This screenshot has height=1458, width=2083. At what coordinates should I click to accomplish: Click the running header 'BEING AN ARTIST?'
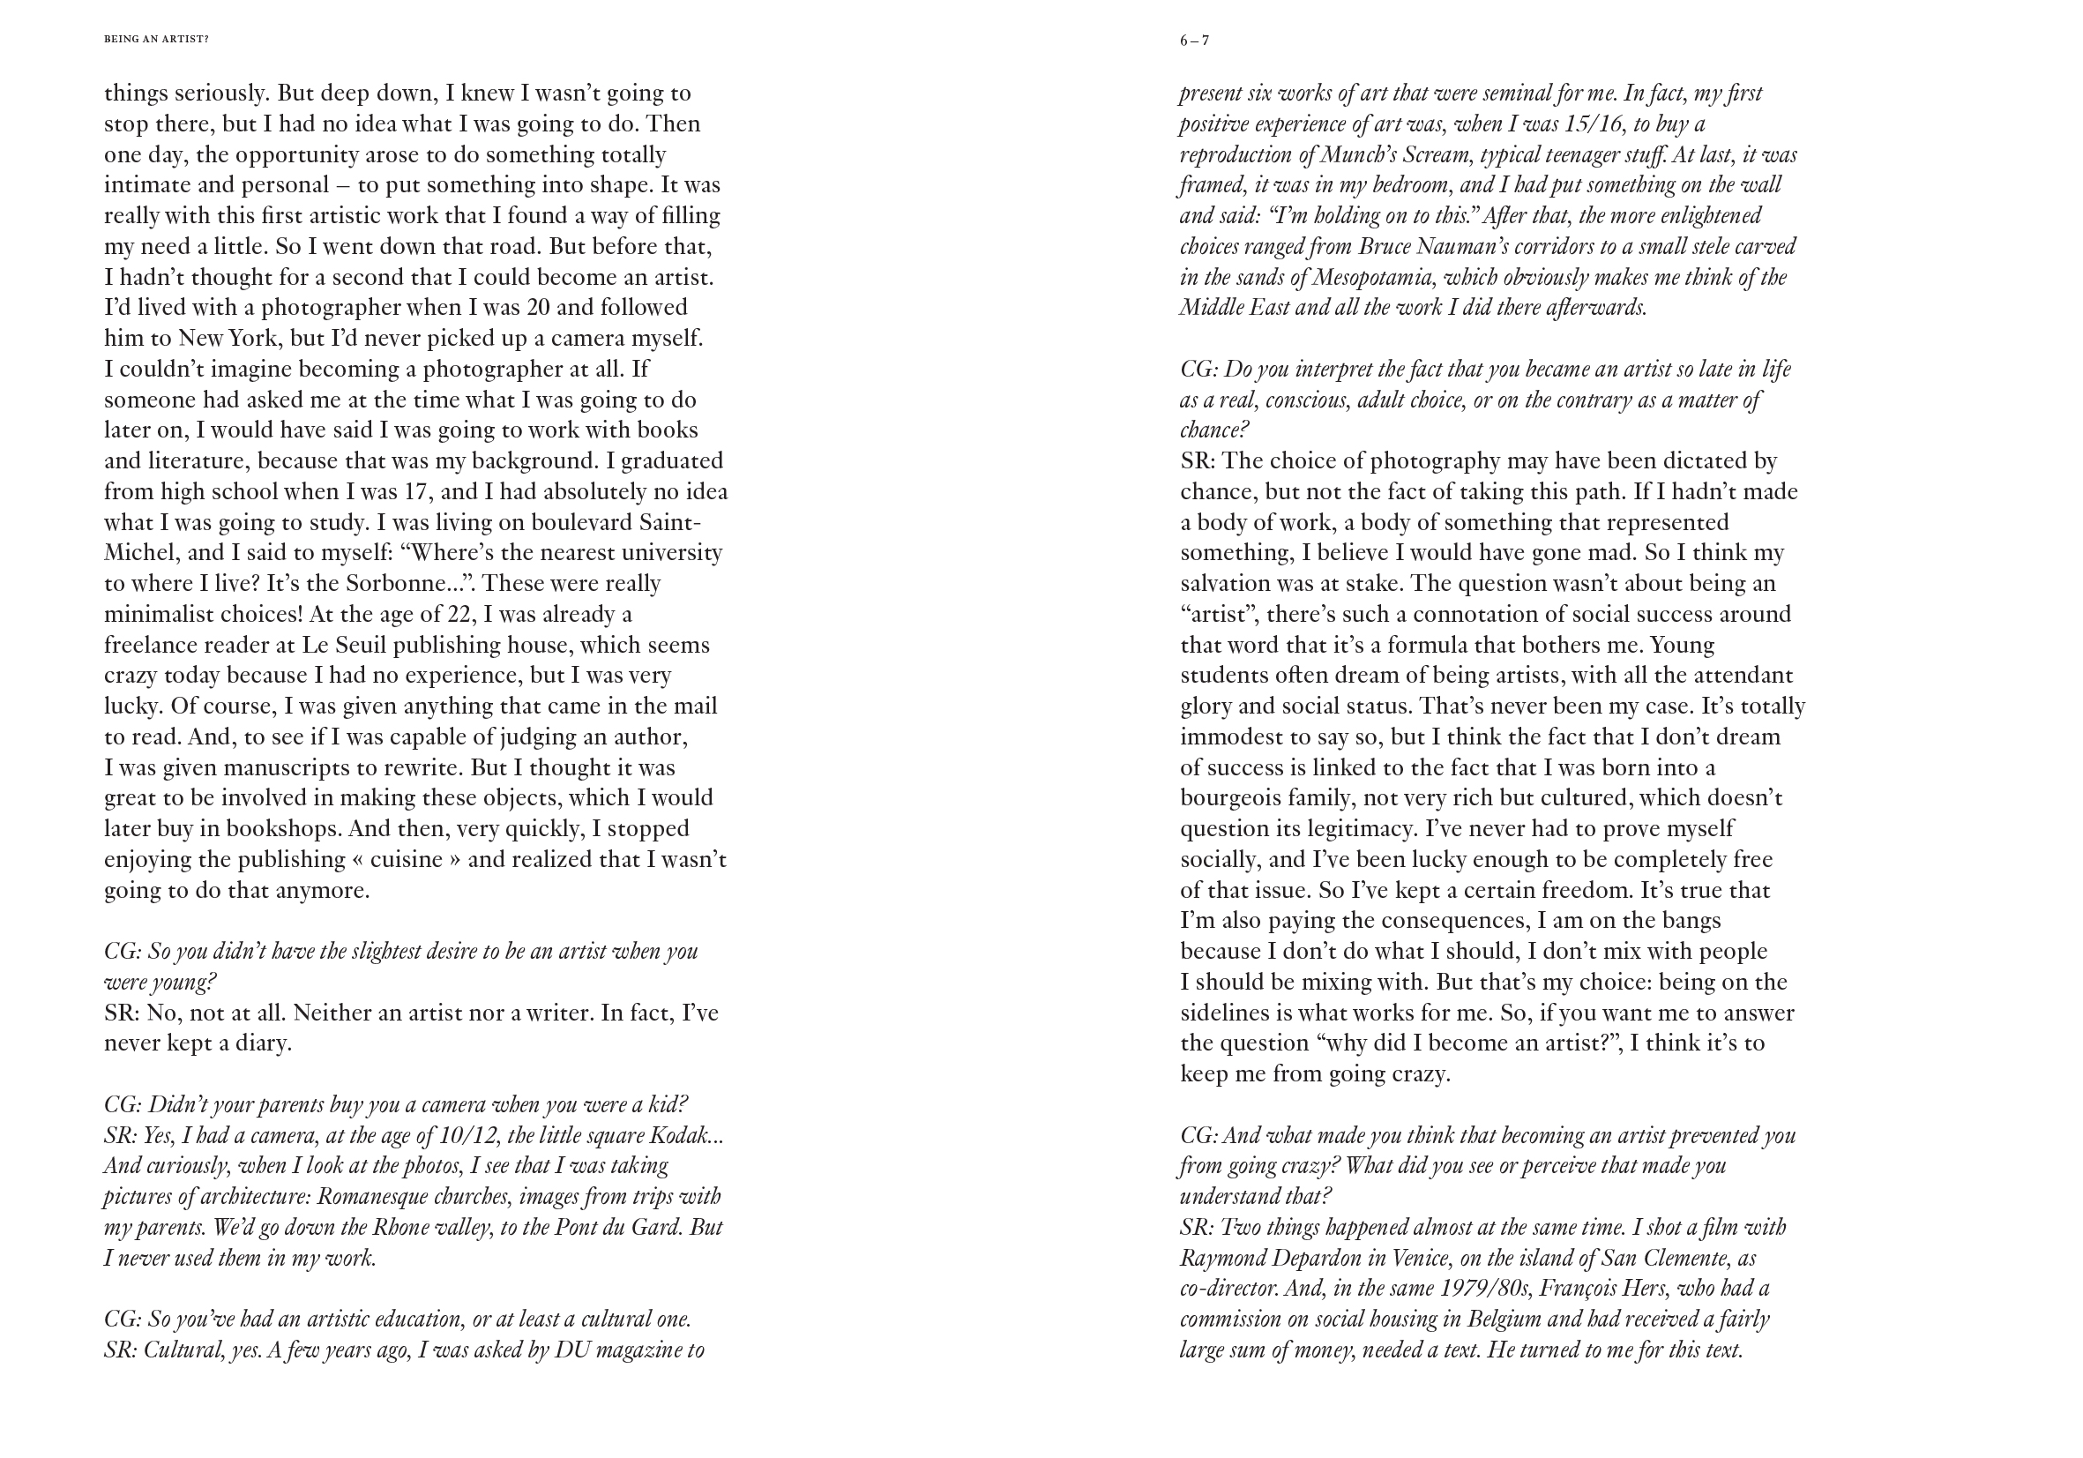click(x=156, y=40)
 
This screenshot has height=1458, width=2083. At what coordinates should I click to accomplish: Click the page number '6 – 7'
click(x=1194, y=41)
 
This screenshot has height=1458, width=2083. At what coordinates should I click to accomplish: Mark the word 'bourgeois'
click(x=1229, y=798)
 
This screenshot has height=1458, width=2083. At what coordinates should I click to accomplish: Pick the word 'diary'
click(x=261, y=1043)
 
